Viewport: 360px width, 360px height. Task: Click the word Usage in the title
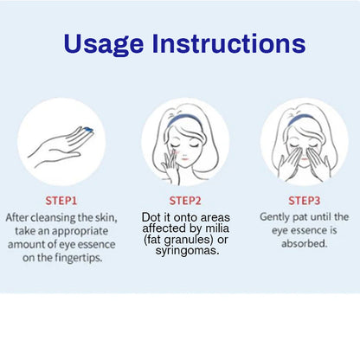pos(104,44)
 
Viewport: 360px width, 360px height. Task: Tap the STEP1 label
pos(61,201)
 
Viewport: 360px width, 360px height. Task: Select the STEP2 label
pos(185,201)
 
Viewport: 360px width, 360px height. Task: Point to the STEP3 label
pos(305,201)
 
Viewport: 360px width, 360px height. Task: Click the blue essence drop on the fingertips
pos(87,130)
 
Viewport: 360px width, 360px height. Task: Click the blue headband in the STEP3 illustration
pos(302,119)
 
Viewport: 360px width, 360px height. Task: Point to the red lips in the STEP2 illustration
pos(185,158)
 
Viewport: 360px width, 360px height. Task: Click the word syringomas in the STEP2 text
pos(188,250)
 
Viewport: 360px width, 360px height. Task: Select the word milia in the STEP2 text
pos(217,228)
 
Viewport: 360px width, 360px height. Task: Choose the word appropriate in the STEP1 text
pos(80,231)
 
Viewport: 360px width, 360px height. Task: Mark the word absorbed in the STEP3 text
pos(305,244)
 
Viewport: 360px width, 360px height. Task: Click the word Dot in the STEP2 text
pos(151,217)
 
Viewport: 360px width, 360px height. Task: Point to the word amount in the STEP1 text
pos(26,245)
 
